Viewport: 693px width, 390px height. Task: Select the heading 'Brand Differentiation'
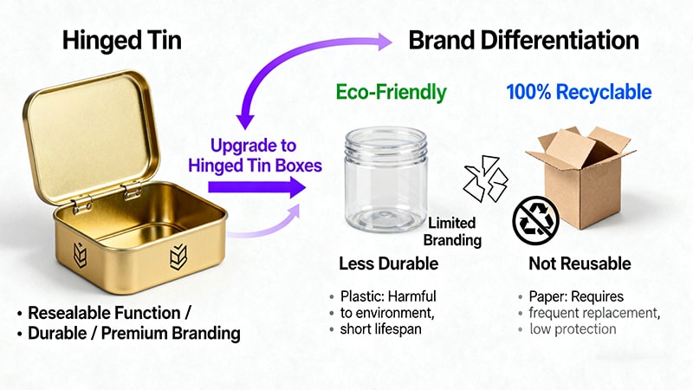click(523, 40)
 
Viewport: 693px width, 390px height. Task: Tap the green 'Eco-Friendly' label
click(392, 92)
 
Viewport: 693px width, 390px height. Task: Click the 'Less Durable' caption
click(388, 263)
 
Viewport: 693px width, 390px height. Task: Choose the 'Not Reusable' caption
click(580, 263)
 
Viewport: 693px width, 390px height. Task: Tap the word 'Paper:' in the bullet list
click(549, 296)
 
